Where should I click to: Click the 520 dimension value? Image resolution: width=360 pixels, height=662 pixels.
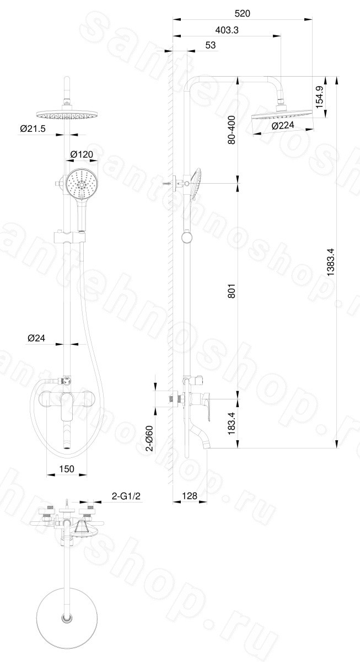242,13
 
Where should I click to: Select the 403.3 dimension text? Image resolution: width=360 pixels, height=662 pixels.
227,30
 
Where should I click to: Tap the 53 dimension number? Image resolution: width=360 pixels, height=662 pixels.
210,45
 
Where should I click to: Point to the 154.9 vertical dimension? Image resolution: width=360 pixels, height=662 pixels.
320,97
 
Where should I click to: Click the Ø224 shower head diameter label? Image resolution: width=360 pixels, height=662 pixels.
283,126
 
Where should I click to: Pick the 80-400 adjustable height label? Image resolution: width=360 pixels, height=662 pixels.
232,130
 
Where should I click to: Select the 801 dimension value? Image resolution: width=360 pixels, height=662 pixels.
232,291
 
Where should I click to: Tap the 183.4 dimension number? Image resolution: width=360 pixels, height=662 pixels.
232,423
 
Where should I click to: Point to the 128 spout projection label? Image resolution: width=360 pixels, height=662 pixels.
189,495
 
